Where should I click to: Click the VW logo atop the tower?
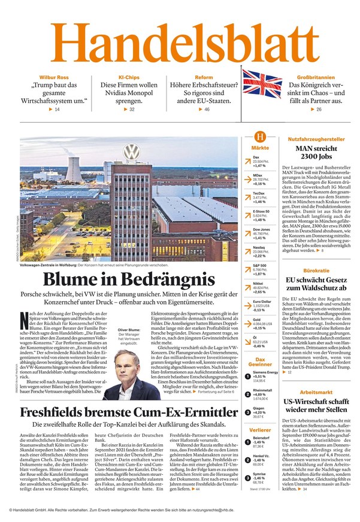click(x=130, y=151)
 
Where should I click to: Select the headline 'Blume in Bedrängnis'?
click(x=128, y=279)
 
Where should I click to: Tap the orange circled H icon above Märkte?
click(x=260, y=137)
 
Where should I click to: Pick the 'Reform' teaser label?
click(x=204, y=78)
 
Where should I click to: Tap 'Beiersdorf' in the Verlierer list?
click(x=261, y=438)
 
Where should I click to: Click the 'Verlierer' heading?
click(x=260, y=430)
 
